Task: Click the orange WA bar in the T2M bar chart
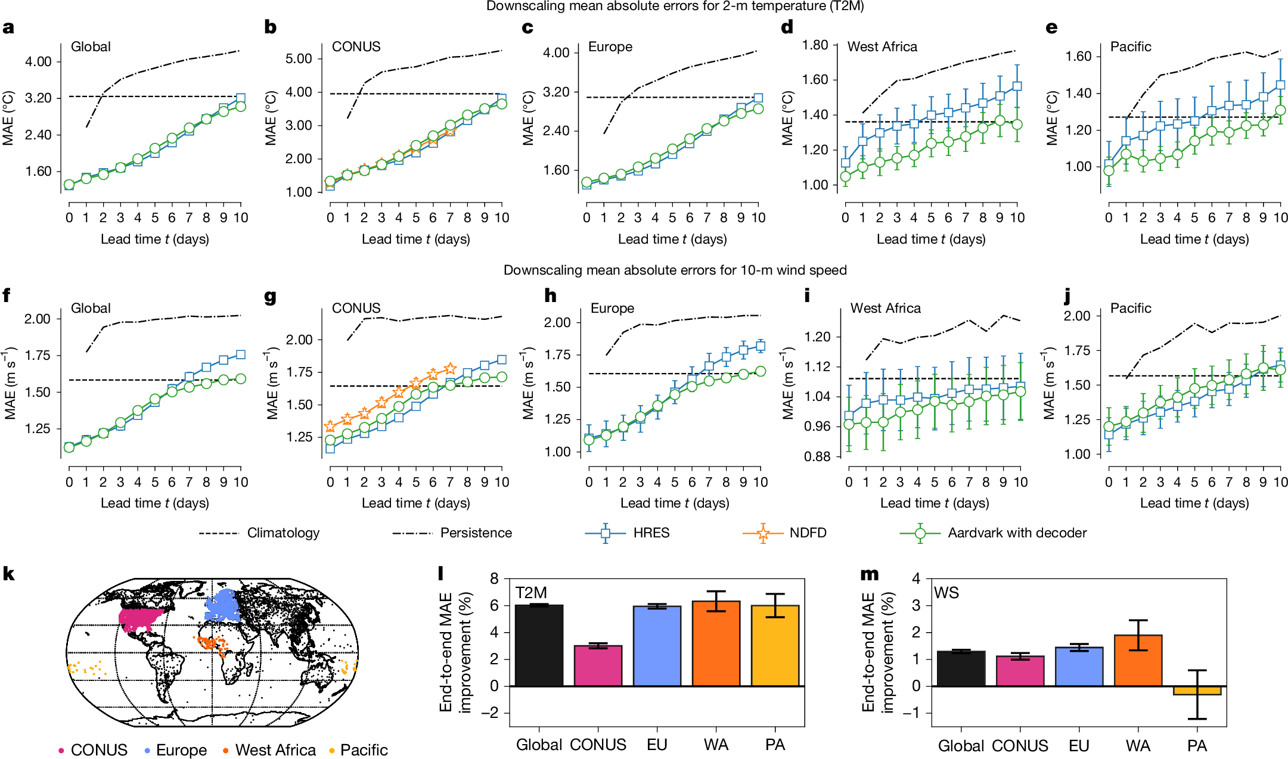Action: coord(716,643)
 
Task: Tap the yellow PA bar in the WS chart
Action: coord(1197,690)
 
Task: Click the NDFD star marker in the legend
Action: coord(763,533)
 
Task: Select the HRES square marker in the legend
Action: coord(606,533)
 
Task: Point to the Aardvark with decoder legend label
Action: coord(1017,533)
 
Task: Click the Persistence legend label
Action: coord(476,533)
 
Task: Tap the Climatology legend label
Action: coord(283,533)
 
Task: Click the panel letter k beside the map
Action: coord(8,574)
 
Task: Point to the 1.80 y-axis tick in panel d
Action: coord(815,45)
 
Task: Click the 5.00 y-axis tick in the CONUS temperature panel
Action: coord(299,59)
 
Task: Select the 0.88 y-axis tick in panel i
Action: coord(817,457)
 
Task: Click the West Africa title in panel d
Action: coord(882,47)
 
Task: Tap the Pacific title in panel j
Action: coord(1130,309)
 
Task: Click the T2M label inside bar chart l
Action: coord(531,593)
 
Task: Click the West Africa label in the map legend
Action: coord(275,750)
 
